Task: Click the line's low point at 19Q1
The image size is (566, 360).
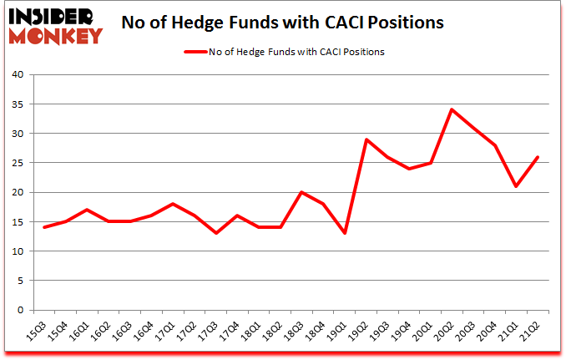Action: point(345,233)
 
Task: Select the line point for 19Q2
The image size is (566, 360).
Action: point(366,139)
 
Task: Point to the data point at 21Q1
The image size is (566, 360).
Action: point(518,186)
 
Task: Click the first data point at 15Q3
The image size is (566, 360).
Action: point(44,227)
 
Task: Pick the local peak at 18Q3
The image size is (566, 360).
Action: point(302,192)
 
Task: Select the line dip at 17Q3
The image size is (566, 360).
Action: point(216,233)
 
